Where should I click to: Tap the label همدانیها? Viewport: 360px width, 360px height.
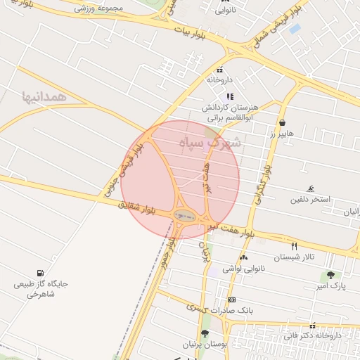pos(44,96)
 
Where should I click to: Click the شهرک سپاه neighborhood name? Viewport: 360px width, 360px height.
pos(210,143)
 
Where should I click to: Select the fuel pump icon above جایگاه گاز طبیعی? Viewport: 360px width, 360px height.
pos(39,273)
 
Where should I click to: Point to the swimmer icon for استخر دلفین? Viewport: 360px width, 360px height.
pos(310,189)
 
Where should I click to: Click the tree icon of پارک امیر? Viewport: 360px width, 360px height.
pos(330,275)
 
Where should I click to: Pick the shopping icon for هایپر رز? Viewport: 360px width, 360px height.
pos(282,122)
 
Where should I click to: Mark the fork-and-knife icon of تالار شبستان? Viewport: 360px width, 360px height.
pos(294,246)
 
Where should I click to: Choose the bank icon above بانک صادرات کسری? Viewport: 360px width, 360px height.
pos(231,300)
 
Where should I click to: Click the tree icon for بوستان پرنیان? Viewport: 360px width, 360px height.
pos(205,333)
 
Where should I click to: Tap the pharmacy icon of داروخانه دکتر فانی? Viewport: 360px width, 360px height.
pos(312,326)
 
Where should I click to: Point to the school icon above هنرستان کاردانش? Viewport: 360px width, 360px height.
pos(229,96)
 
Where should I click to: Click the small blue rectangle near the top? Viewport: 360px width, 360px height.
pos(295,29)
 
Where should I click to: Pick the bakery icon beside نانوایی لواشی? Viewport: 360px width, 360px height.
pos(244,258)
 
